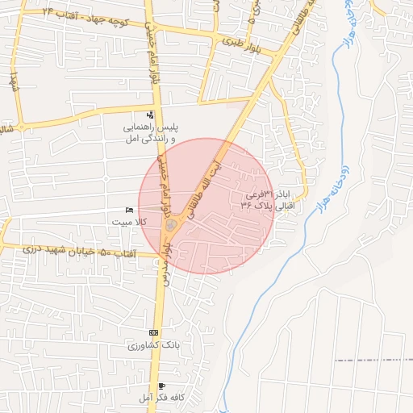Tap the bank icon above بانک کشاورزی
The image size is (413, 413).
click(x=154, y=332)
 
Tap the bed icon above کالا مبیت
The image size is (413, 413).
click(x=130, y=210)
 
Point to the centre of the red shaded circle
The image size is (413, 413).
click(x=206, y=206)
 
